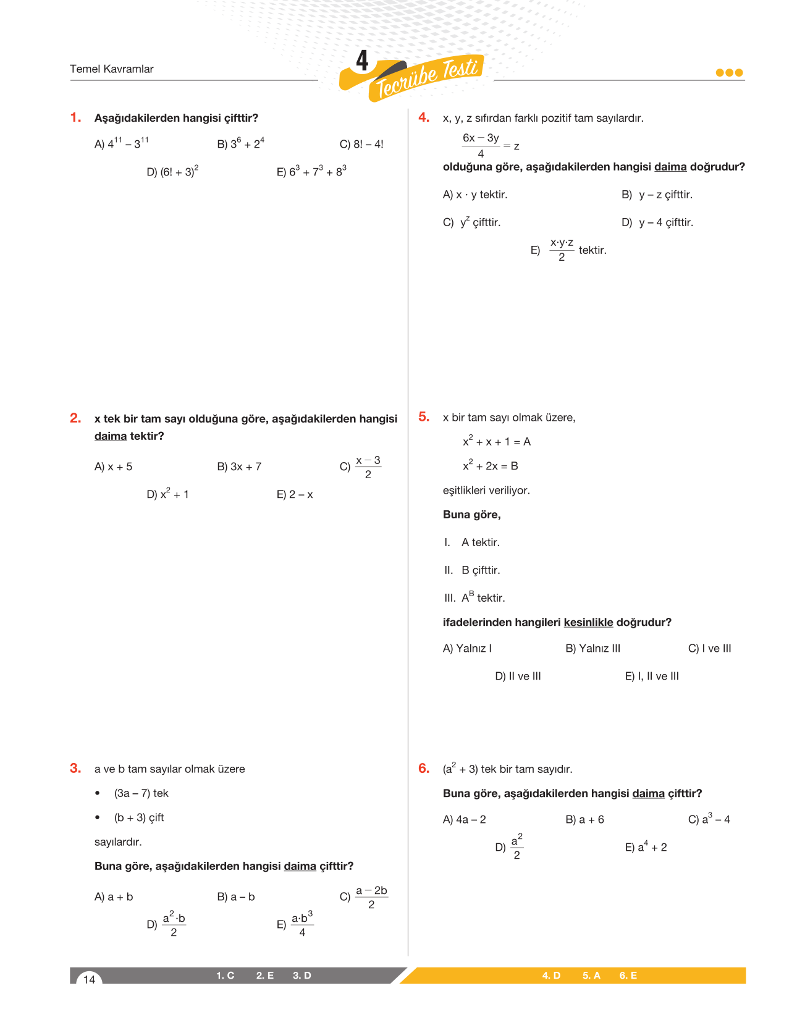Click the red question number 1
pos(75,117)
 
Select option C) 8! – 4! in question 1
pos(361,145)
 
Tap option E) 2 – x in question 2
pos(295,495)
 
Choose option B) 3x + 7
pos(239,467)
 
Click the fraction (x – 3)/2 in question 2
pos(368,467)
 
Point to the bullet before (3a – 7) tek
pos(98,793)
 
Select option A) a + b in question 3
pos(114,897)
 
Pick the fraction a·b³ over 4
pos(302,924)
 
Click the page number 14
pos(90,979)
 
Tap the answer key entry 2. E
pos(265,976)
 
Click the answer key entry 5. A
pos(591,976)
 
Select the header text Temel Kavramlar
pos(112,69)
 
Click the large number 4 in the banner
pos(363,61)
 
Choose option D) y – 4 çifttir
pos(657,222)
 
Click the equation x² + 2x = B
pos(491,466)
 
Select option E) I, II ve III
pos(652,677)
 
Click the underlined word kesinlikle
pos(588,623)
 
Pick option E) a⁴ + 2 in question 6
pos(646,848)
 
